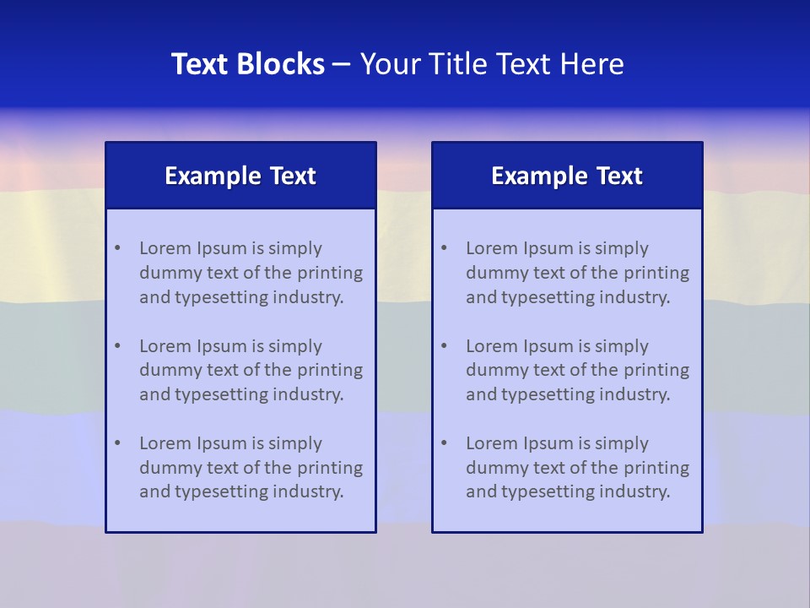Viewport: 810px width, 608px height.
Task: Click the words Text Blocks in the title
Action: (x=247, y=64)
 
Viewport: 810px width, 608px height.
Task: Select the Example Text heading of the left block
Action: (x=240, y=176)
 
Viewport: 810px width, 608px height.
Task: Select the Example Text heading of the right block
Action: (x=567, y=176)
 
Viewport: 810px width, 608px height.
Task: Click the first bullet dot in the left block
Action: (x=117, y=248)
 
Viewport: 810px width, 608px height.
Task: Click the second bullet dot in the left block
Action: (x=117, y=346)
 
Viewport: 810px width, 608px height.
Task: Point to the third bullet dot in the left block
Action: (x=117, y=443)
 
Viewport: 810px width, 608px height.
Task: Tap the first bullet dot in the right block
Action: (x=444, y=248)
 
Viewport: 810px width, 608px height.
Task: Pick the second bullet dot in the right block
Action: (x=444, y=346)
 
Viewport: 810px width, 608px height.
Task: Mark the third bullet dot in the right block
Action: (x=444, y=443)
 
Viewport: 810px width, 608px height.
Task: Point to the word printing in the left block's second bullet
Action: (x=332, y=370)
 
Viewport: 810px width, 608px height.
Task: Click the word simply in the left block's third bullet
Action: (x=296, y=443)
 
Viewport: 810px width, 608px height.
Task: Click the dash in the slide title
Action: (x=342, y=64)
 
